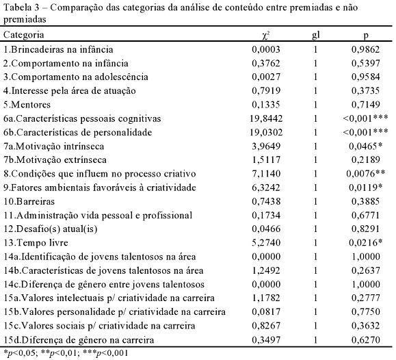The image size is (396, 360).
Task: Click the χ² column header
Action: click(266, 35)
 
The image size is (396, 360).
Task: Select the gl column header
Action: click(316, 35)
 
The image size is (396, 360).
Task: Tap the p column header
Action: click(366, 36)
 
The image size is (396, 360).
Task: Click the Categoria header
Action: click(24, 35)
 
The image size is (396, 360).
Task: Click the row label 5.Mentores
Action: click(27, 105)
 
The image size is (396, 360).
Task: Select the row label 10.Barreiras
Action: click(29, 201)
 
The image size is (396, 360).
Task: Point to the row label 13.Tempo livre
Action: click(36, 243)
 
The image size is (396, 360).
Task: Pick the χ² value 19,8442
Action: click(266, 118)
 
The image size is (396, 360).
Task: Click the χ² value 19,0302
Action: click(266, 133)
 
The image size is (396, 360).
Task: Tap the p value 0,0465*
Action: click(366, 146)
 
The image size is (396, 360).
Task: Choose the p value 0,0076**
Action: click(366, 174)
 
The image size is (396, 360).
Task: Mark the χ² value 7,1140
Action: click(266, 174)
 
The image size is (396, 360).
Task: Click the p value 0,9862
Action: click(366, 49)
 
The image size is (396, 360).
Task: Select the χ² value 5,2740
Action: click(266, 243)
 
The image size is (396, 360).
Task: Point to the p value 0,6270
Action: click(366, 340)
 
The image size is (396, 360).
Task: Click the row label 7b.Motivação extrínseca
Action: click(55, 160)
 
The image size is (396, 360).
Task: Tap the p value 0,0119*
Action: click(366, 188)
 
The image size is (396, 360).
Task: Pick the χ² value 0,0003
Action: click(266, 49)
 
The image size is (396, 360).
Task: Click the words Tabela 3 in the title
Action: click(22, 8)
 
